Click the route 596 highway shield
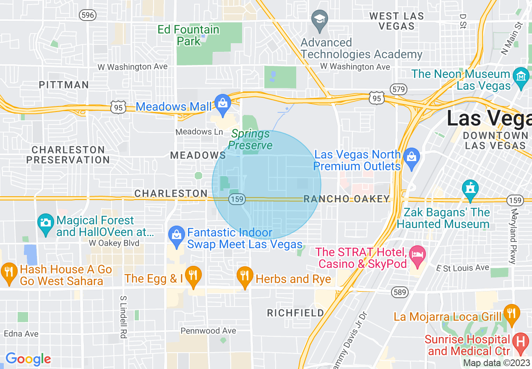[x=88, y=15]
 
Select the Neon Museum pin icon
[x=521, y=77]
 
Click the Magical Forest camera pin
[x=45, y=223]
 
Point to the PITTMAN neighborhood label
[x=64, y=85]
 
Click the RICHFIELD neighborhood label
[x=295, y=313]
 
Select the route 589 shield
[x=399, y=292]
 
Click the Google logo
[x=28, y=359]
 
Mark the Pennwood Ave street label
[x=208, y=331]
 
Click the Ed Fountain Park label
[x=188, y=35]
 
